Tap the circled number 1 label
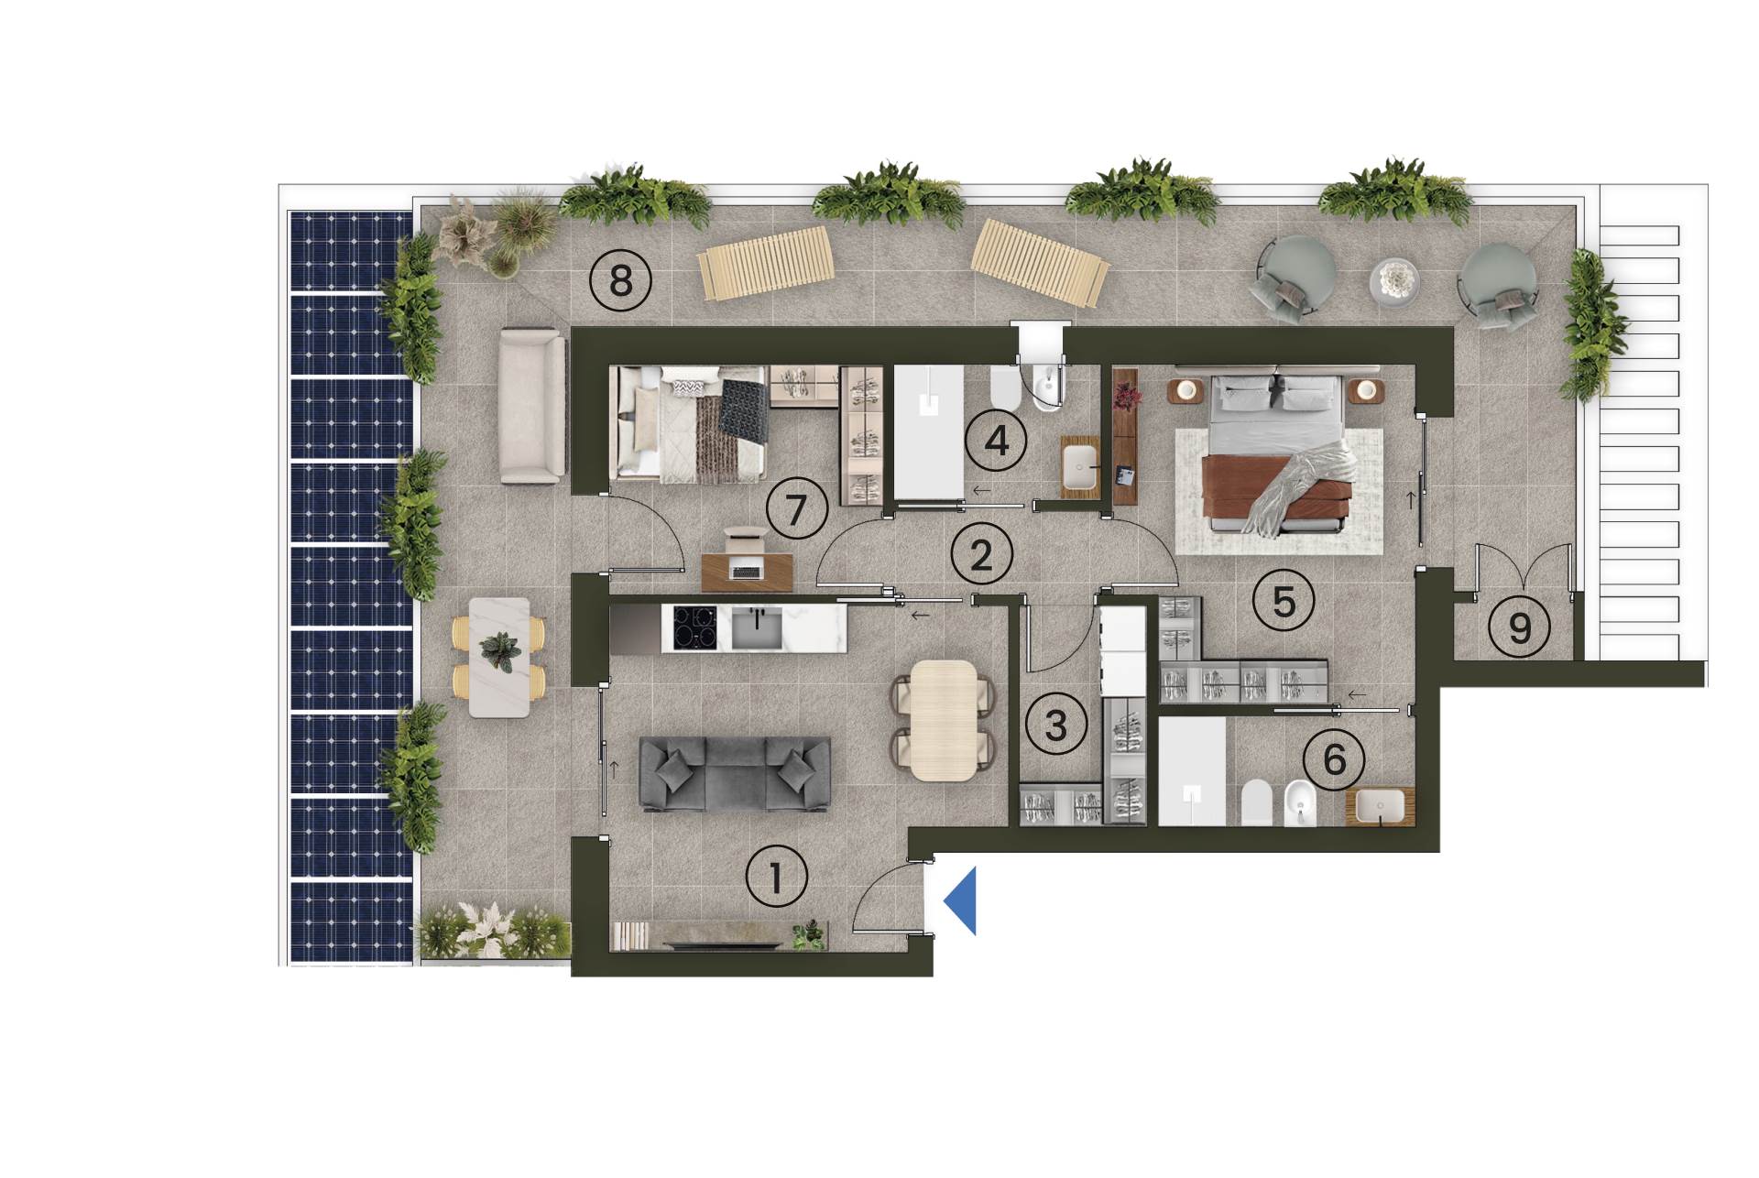tap(777, 878)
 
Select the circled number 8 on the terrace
tap(620, 280)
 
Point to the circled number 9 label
tap(1520, 628)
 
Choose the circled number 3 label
tap(1056, 725)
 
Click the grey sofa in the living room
tap(734, 774)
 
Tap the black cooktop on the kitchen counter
tap(695, 627)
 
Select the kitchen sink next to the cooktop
tap(757, 627)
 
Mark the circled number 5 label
tap(1284, 601)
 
